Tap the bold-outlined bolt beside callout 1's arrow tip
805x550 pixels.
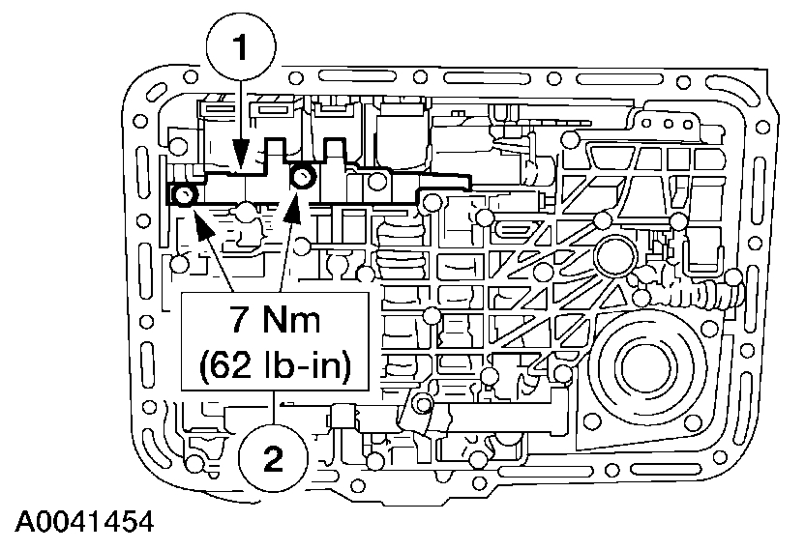tap(303, 176)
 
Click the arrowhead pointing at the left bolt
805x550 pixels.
tap(201, 223)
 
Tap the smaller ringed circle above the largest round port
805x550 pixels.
tap(612, 256)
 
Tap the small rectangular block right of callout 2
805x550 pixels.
tap(342, 419)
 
